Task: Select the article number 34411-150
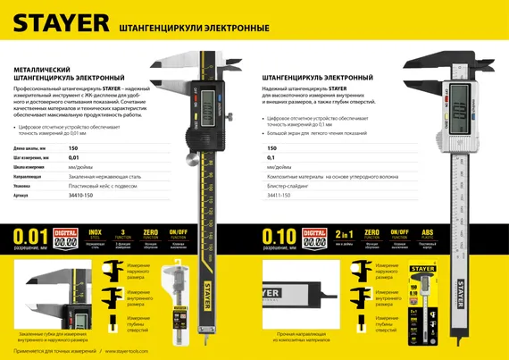pyautogui.click(x=280, y=194)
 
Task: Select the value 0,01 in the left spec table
pyautogui.click(x=74, y=157)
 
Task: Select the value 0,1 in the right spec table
pyautogui.click(x=271, y=157)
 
